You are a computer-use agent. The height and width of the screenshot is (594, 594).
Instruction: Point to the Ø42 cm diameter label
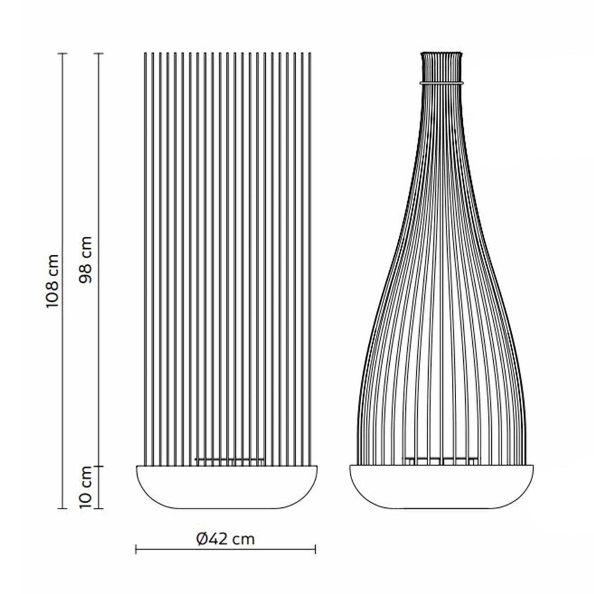(225, 538)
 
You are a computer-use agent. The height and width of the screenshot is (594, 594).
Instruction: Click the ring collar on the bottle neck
(441, 83)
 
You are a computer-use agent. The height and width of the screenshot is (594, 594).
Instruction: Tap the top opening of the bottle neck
(441, 53)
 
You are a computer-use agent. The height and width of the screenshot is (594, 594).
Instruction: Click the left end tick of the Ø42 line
(136, 549)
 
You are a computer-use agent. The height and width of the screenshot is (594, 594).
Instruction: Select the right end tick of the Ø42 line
(315, 549)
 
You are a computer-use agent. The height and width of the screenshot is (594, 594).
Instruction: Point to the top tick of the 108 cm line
(62, 54)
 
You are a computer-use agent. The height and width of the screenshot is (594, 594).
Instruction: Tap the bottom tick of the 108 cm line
(62, 508)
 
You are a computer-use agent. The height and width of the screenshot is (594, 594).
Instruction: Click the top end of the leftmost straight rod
(145, 53)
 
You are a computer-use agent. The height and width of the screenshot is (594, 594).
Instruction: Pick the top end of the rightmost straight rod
(310, 53)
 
